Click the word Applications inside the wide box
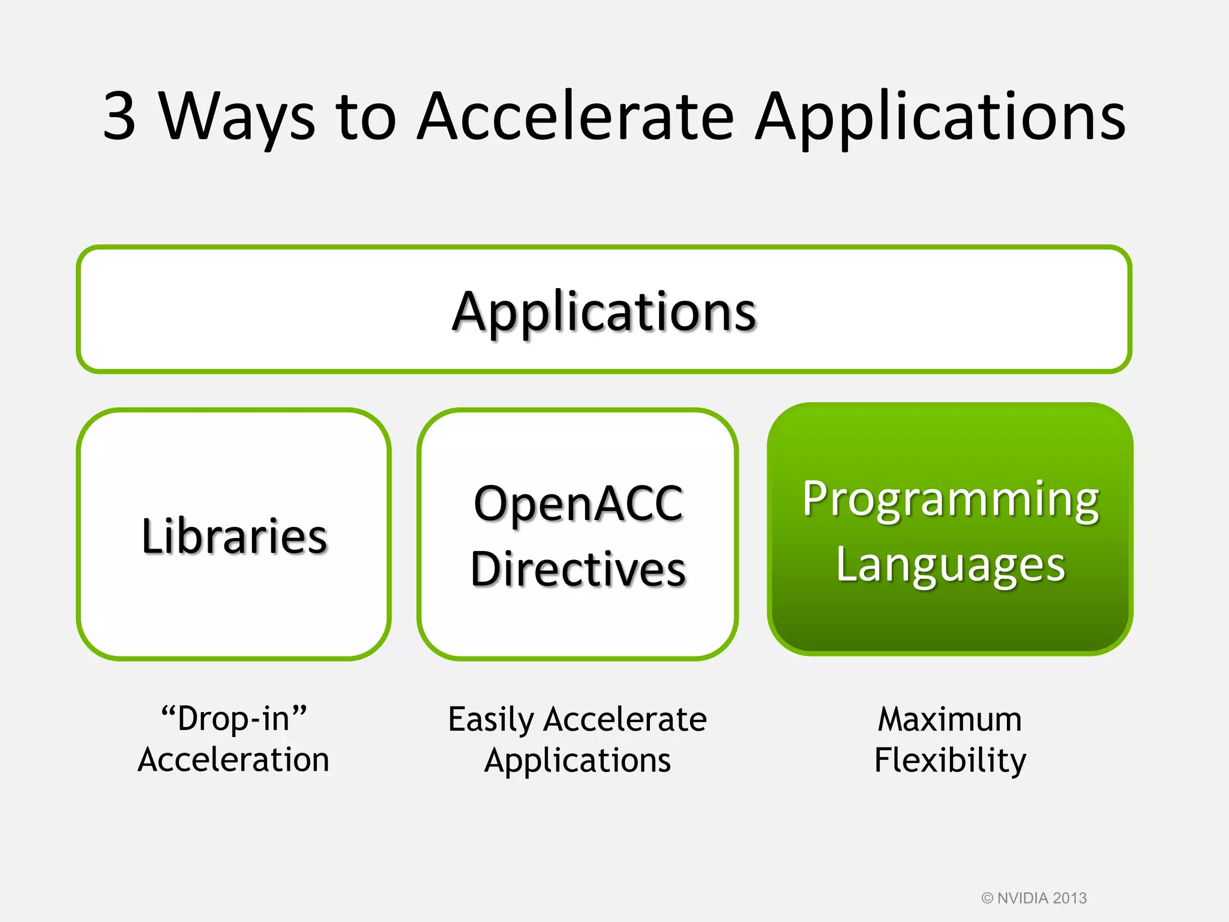(x=604, y=312)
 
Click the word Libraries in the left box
(x=234, y=535)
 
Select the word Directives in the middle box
(x=578, y=568)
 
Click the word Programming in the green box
(x=951, y=500)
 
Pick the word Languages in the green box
(x=951, y=565)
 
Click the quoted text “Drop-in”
(x=234, y=719)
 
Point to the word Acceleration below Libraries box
(x=233, y=760)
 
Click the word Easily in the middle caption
(x=491, y=720)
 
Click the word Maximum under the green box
(x=949, y=719)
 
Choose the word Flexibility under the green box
(x=950, y=761)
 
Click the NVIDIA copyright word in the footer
(x=1022, y=898)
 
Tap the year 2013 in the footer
(x=1069, y=898)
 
